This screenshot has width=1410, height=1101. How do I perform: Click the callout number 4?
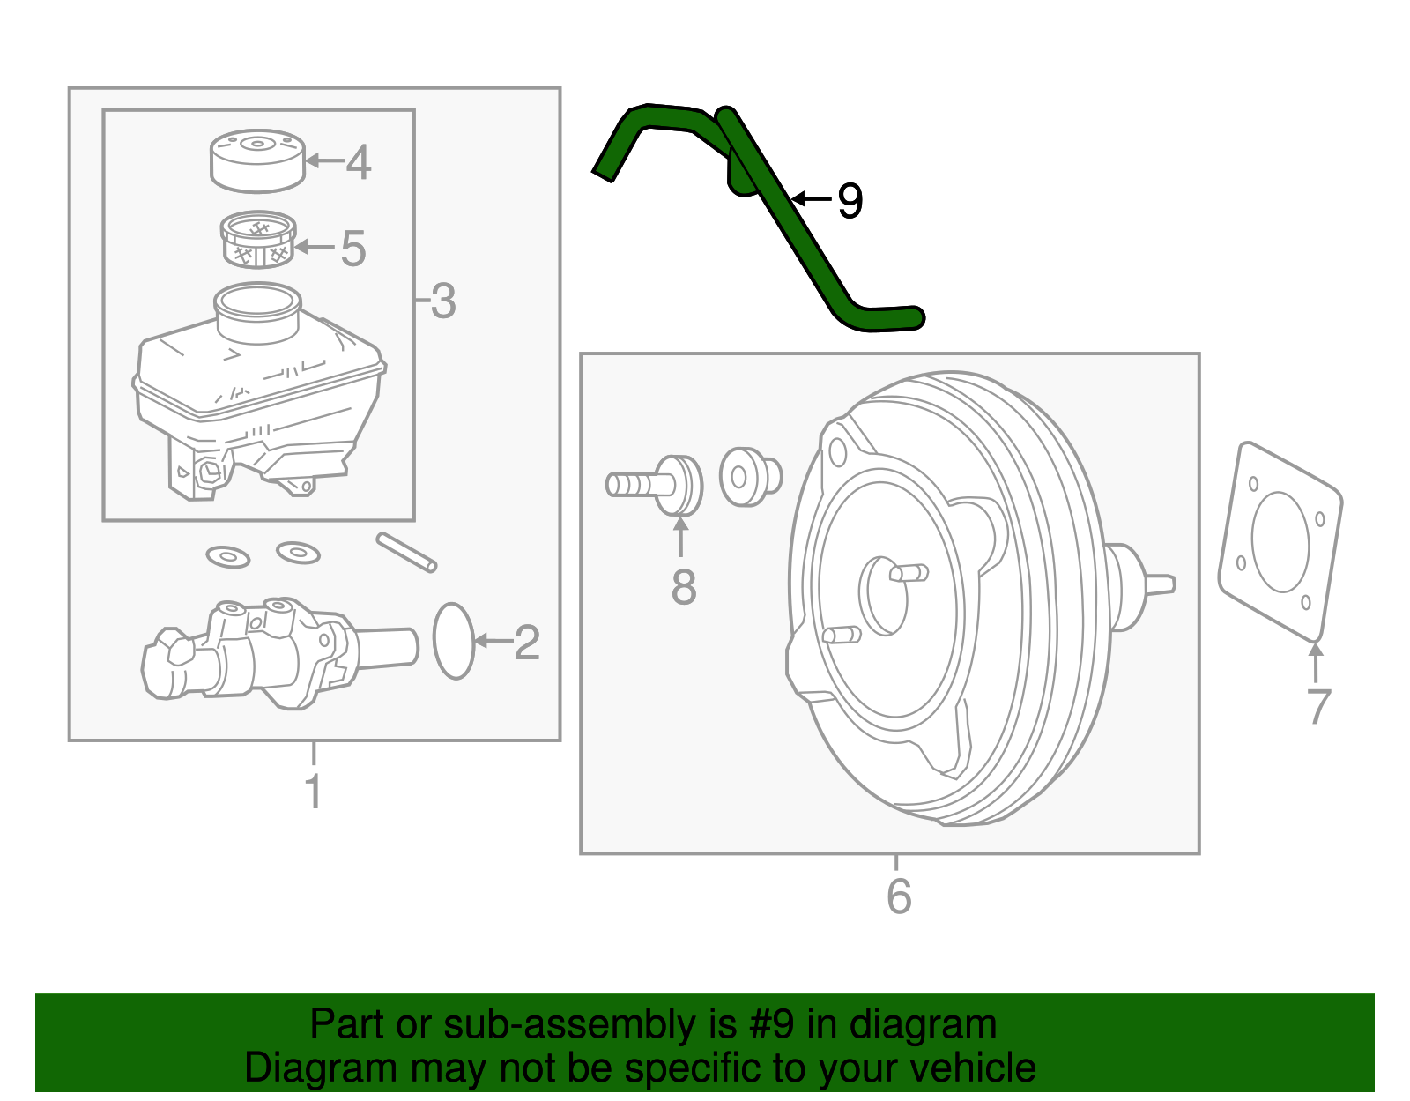pos(358,162)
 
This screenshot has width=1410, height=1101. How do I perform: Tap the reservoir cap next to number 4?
pos(257,160)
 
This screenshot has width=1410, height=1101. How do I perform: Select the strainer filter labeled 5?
pos(256,240)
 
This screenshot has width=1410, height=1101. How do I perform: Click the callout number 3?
pos(442,301)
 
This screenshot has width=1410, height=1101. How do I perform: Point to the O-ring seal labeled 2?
pos(454,641)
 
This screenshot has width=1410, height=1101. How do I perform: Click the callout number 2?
pos(526,643)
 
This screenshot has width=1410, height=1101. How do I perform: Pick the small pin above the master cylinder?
pos(406,553)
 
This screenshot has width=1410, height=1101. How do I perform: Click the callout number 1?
pos(314,791)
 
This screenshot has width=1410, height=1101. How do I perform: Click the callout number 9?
pos(850,201)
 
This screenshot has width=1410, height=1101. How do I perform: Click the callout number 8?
pos(683,587)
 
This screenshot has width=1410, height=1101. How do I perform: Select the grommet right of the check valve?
pos(749,478)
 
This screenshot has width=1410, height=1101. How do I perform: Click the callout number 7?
pos(1317,707)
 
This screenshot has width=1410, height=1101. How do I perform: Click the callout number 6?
pos(898,896)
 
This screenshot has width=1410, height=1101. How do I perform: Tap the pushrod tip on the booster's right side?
pos(1161,584)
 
